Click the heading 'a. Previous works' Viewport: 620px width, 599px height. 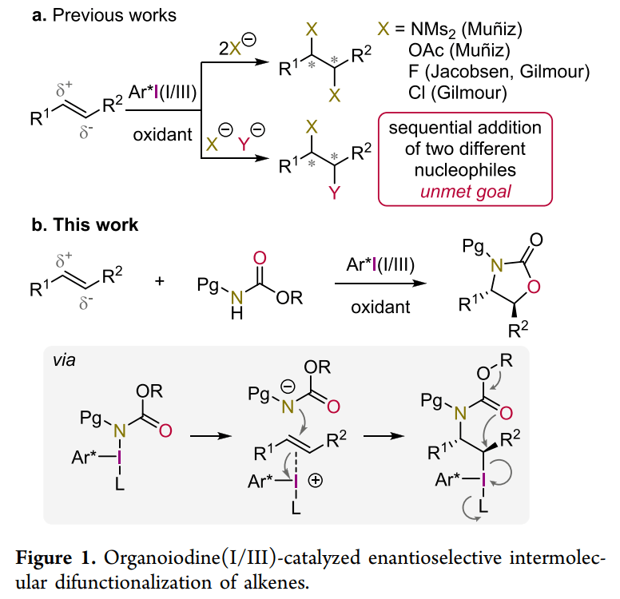[x=104, y=15]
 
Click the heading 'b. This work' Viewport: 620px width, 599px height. [x=85, y=225]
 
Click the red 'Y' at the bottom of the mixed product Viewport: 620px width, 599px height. [x=335, y=192]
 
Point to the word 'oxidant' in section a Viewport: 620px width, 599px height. [x=162, y=133]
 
